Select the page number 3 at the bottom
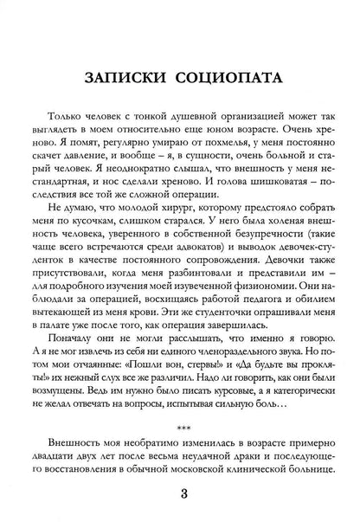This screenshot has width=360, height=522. [x=179, y=494]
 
